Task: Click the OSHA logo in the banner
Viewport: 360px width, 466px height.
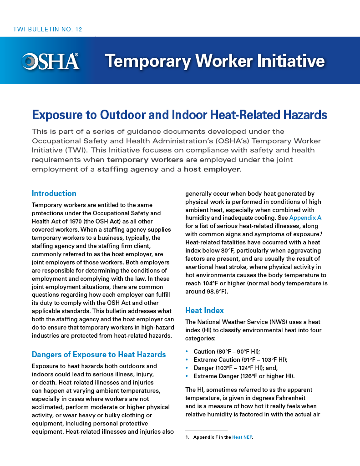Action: coord(51,61)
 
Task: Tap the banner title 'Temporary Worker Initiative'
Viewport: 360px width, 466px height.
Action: coord(214,61)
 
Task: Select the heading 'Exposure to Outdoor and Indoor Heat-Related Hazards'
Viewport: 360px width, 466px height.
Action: coord(179,115)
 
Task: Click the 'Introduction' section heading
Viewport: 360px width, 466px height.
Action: coord(54,193)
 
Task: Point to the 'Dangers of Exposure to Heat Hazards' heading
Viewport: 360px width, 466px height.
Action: coord(99,355)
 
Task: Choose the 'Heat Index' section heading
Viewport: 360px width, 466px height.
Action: coord(204,310)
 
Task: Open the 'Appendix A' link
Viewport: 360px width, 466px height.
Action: coord(305,218)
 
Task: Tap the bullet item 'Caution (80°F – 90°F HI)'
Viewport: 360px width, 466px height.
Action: coord(227,351)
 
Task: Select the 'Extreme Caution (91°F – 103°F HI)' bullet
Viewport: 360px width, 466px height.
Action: coord(240,360)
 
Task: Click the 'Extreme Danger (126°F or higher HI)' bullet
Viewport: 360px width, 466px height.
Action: coord(244,376)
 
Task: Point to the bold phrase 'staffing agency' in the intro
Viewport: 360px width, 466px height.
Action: coord(128,169)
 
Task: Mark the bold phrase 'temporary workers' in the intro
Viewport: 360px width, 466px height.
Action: coord(145,160)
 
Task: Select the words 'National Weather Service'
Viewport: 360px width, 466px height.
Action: coord(233,322)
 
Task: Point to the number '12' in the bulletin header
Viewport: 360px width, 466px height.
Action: coord(78,30)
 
